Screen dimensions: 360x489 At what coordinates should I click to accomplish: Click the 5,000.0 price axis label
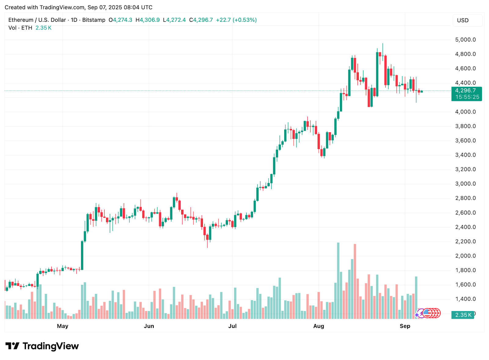tap(465, 40)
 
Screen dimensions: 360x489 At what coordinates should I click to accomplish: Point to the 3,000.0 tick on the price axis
tap(465, 184)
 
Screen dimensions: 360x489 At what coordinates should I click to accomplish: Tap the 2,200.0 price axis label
tap(465, 241)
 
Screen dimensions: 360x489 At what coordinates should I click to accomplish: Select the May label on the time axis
tap(63, 326)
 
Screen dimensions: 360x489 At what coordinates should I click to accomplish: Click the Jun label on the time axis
tap(149, 326)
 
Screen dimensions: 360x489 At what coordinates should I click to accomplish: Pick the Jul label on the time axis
tap(232, 326)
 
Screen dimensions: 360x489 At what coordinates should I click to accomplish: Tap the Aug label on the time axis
tap(318, 326)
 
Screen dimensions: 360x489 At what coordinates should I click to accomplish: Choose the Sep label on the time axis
tap(405, 326)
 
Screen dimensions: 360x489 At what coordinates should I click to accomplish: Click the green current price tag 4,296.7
tap(466, 91)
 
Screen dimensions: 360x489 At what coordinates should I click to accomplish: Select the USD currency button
tap(463, 20)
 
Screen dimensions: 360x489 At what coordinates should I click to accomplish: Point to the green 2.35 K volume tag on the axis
tap(463, 315)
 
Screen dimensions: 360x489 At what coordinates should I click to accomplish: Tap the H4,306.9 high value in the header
tap(148, 20)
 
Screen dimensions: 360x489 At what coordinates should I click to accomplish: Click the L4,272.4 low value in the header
tap(175, 20)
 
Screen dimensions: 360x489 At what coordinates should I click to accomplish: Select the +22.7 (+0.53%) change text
tap(236, 20)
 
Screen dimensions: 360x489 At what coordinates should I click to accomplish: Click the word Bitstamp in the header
tap(94, 20)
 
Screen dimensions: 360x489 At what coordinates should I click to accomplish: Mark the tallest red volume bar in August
tap(355, 281)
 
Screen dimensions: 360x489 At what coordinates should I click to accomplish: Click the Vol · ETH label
tap(20, 28)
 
